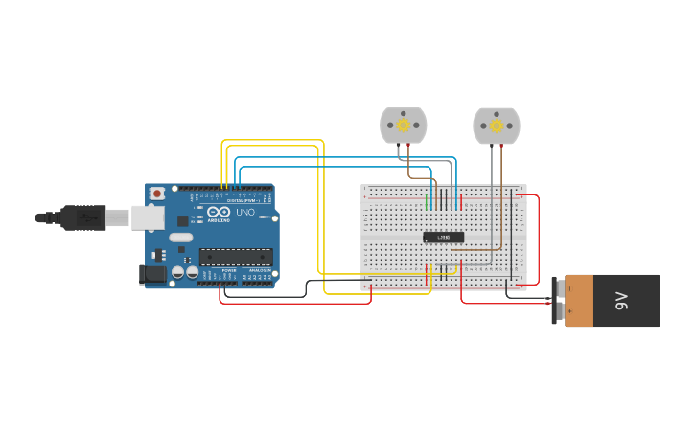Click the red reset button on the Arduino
157,194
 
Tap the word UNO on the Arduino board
244,212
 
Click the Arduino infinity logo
219,212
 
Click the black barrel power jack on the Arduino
152,275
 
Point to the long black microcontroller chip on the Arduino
236,256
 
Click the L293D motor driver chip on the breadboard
444,237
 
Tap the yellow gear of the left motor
404,125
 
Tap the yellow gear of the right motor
497,126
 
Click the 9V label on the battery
621,301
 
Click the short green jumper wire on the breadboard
427,202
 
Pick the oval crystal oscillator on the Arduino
181,237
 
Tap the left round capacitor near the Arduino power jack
177,273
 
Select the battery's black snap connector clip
555,301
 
